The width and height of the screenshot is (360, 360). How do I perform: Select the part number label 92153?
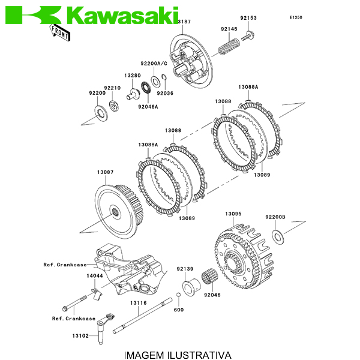[248, 18]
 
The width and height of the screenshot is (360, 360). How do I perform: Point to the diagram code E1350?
[296, 17]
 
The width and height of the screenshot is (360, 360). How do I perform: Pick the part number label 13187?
[183, 22]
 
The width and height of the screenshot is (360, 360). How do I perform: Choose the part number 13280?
[133, 76]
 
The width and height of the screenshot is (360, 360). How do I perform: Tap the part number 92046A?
[147, 107]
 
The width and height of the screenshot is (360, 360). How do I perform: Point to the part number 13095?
[233, 214]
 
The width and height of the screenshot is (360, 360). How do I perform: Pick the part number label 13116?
[138, 303]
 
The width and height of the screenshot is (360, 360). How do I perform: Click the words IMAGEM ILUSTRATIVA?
[177, 354]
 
